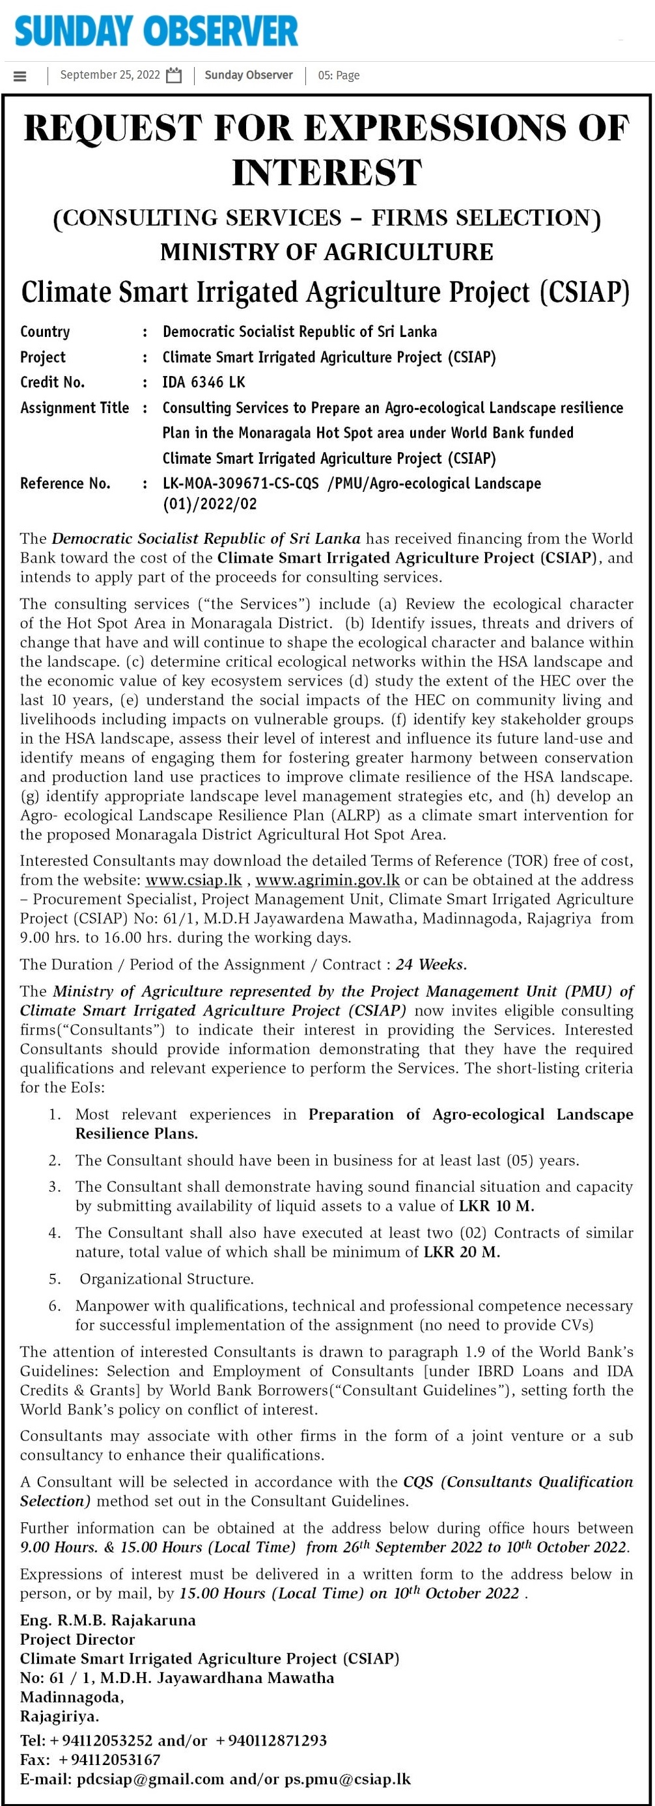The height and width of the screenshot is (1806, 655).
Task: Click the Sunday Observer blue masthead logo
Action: [x=156, y=31]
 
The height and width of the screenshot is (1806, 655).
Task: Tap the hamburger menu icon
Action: [x=20, y=75]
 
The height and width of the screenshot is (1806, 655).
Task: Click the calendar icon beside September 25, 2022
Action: [x=174, y=75]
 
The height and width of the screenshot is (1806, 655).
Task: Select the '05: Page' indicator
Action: [x=339, y=75]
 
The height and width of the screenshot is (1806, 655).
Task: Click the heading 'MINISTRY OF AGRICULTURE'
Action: [x=327, y=252]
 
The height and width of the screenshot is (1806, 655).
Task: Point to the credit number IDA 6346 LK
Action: [x=204, y=382]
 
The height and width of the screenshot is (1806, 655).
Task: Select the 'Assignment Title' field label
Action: [x=74, y=407]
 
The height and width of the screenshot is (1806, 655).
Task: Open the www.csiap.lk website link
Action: [x=193, y=880]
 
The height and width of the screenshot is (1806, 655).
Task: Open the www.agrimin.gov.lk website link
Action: [x=327, y=880]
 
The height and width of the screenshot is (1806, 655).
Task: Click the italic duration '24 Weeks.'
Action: [x=431, y=964]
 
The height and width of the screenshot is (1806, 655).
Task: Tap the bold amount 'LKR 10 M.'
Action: [x=497, y=1206]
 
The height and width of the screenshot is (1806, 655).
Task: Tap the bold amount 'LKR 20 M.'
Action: [x=462, y=1252]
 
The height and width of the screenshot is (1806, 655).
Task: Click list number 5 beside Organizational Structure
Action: [x=55, y=1279]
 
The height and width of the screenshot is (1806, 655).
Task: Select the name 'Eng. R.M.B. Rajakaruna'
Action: [x=108, y=1620]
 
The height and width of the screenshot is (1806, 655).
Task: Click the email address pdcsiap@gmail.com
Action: [x=151, y=1779]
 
